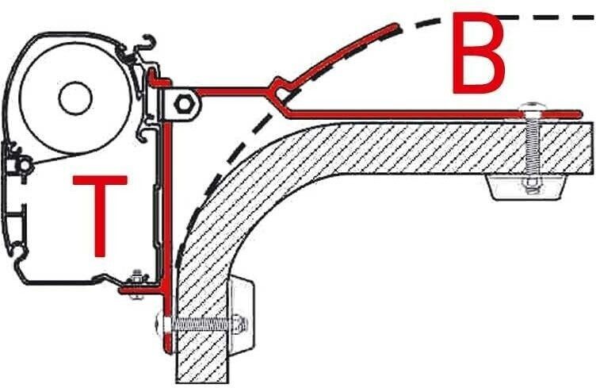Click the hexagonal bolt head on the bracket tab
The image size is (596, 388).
(x=181, y=103)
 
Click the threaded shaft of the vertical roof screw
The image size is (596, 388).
(x=529, y=151)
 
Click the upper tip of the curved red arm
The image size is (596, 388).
(x=395, y=25)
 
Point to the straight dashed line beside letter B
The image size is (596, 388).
(x=547, y=15)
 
